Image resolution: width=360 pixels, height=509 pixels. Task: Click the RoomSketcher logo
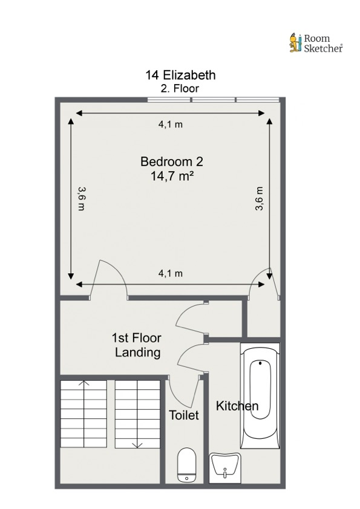pyautogui.click(x=316, y=42)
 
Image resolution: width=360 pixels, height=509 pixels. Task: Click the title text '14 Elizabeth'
pyautogui.click(x=180, y=76)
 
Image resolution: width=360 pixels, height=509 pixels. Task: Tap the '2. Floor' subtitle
pyautogui.click(x=180, y=88)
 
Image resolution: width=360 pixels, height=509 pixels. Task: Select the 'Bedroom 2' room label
pyautogui.click(x=171, y=162)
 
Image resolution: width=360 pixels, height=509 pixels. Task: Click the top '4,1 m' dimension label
pyautogui.click(x=171, y=125)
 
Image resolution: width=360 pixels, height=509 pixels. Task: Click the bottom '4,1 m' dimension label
pyautogui.click(x=171, y=273)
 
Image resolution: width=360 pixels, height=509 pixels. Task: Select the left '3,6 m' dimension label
pyautogui.click(x=81, y=198)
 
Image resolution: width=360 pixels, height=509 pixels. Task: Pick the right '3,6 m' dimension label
pyautogui.click(x=259, y=198)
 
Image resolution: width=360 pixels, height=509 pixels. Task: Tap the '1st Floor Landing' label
pyautogui.click(x=137, y=345)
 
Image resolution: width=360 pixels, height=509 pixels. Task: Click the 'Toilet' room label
pyautogui.click(x=184, y=415)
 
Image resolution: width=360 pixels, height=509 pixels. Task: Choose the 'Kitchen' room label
pyautogui.click(x=237, y=406)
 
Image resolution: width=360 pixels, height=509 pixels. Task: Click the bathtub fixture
pyautogui.click(x=260, y=396)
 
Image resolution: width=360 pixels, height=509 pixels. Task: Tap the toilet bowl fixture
pyautogui.click(x=186, y=465)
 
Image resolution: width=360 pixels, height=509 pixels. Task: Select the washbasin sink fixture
pyautogui.click(x=225, y=468)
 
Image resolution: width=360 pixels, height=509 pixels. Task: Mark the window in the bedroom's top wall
pyautogui.click(x=214, y=99)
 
